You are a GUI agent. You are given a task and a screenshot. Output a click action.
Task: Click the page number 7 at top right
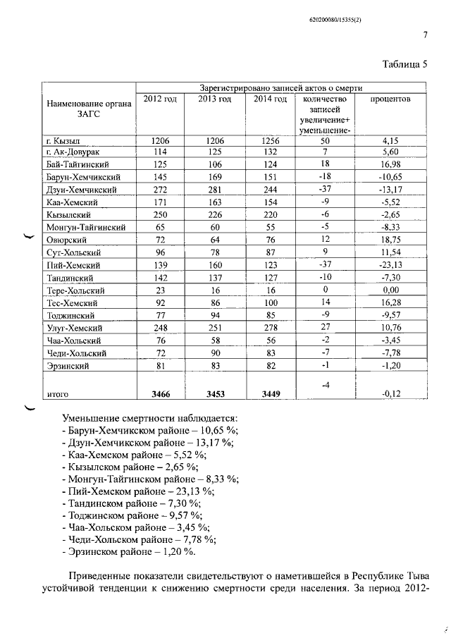(426, 35)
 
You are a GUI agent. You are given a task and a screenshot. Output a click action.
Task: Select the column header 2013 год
(215, 99)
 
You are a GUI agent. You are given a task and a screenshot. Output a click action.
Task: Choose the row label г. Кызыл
(63, 140)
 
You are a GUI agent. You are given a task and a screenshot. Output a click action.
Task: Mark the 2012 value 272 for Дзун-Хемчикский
(160, 190)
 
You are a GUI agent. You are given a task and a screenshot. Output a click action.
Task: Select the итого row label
(58, 395)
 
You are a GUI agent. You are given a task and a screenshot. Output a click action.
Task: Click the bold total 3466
(160, 395)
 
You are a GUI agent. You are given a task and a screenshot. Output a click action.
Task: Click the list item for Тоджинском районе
(132, 515)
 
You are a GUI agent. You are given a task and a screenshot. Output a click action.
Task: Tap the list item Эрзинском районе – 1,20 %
(129, 551)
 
